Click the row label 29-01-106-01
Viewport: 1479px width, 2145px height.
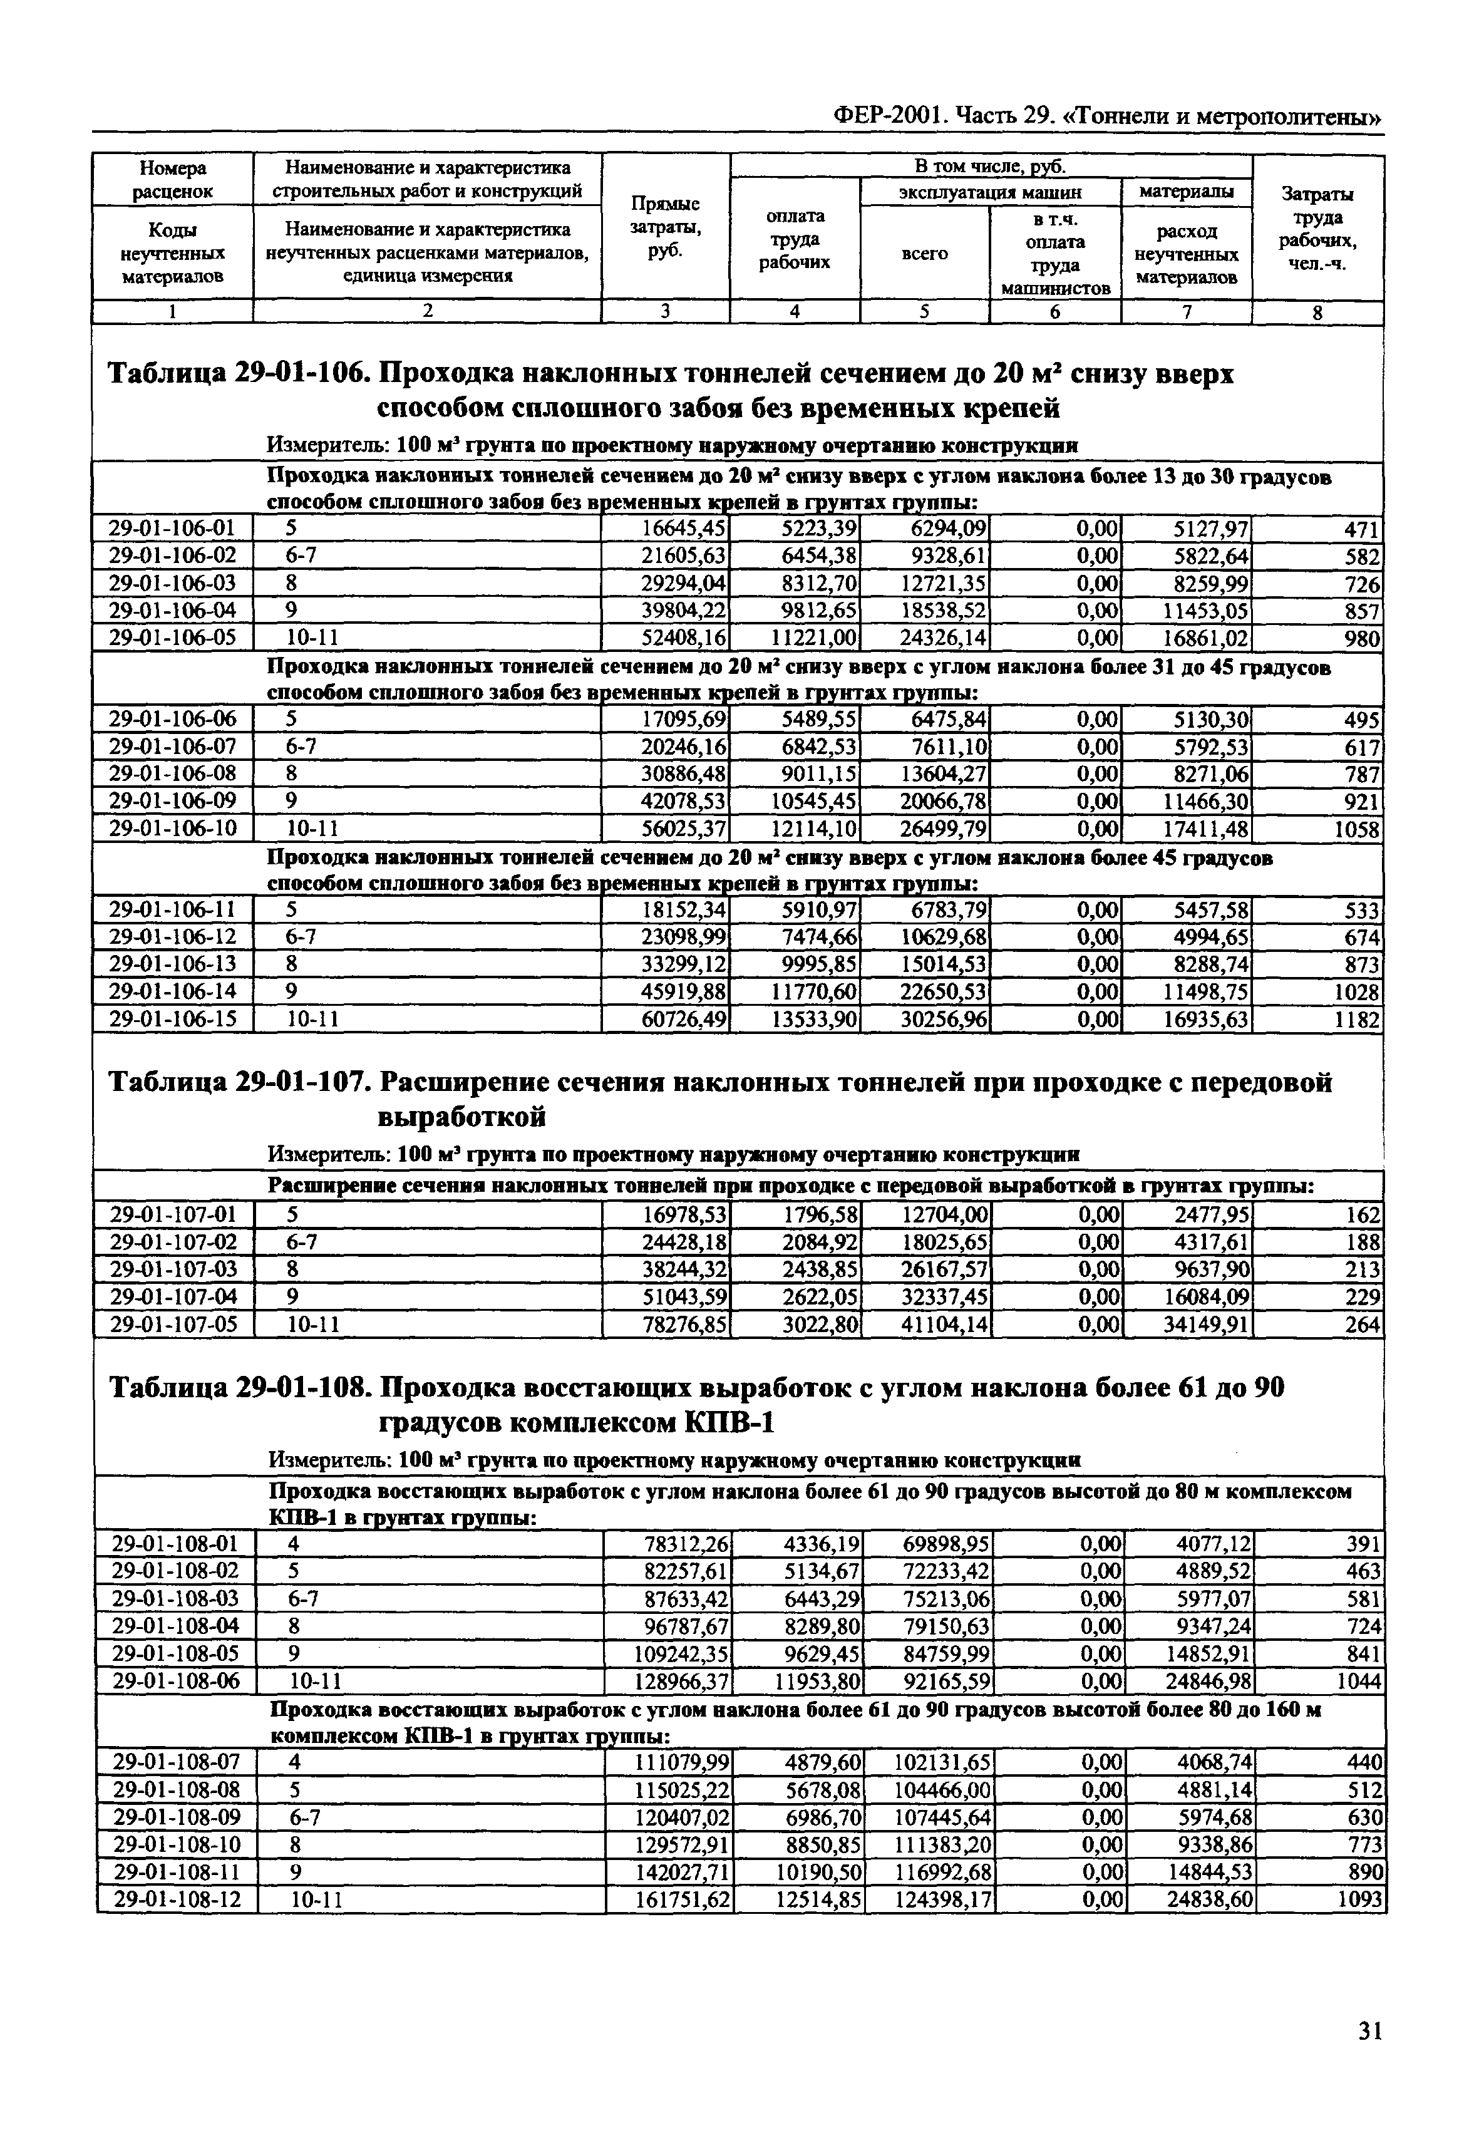coord(172,529)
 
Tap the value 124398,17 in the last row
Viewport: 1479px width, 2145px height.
coord(944,1900)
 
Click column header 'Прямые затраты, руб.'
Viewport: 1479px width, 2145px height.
coord(666,227)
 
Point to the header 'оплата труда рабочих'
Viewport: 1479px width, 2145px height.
coord(794,239)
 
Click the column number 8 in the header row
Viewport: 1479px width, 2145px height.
coord(1317,313)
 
